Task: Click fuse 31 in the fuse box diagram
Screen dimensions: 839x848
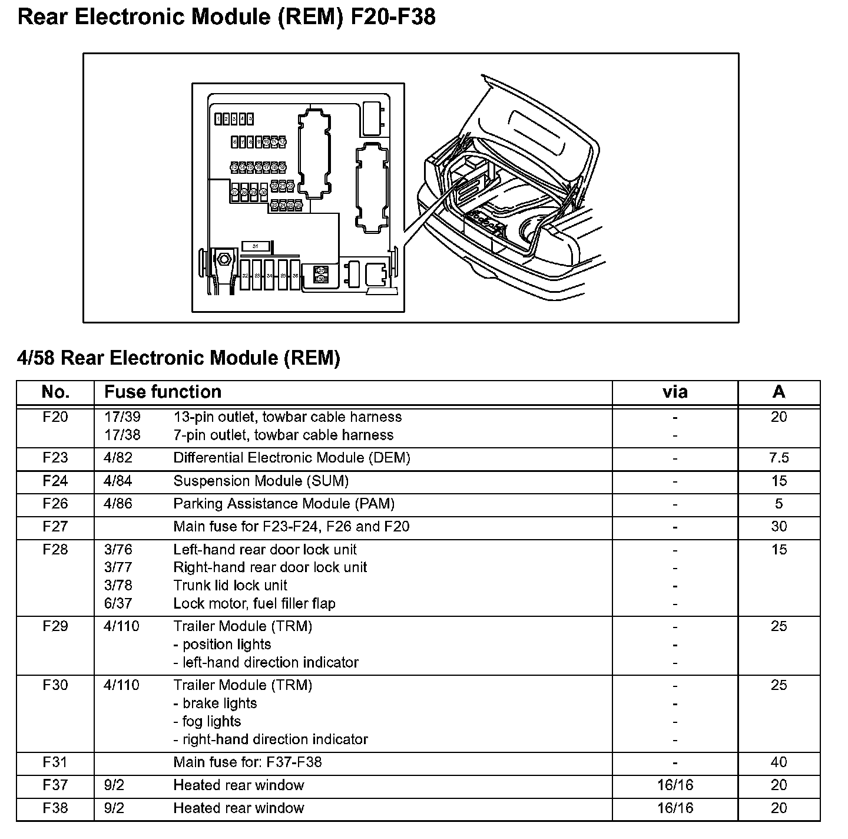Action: coord(256,245)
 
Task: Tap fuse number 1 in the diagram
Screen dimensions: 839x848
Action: coord(218,119)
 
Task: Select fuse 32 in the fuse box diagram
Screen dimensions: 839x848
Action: coord(244,275)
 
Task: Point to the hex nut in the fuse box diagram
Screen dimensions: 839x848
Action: coord(223,259)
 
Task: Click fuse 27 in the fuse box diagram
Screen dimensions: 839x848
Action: coord(235,192)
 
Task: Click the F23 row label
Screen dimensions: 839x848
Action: coord(55,458)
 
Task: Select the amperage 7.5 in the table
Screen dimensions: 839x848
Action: coord(779,458)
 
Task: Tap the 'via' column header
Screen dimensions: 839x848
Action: coord(674,392)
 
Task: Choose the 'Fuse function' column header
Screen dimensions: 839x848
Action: coord(163,392)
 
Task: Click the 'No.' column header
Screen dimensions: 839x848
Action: coord(55,392)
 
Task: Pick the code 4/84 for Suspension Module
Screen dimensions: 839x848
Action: coord(118,481)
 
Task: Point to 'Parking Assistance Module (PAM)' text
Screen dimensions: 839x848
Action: coord(284,504)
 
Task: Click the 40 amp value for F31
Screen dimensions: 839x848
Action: coord(779,762)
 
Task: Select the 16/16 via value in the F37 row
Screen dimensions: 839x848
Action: coord(675,785)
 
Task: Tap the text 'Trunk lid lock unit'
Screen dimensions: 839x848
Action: coord(230,585)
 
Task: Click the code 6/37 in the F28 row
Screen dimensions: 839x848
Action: coord(118,603)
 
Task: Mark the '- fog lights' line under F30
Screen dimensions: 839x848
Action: coord(207,721)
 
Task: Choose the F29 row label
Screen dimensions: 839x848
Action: coord(55,626)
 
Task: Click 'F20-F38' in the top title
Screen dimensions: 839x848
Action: coord(393,16)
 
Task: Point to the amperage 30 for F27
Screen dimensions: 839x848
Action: coord(779,526)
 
